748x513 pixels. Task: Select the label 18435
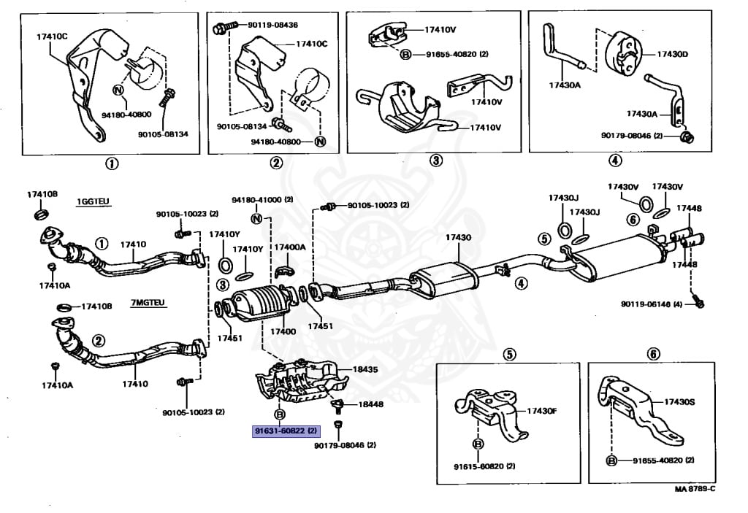click(366, 370)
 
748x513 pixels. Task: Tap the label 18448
click(370, 404)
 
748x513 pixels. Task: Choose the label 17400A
click(290, 247)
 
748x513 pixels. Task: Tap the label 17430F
click(542, 411)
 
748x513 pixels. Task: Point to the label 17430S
click(680, 402)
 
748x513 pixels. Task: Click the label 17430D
click(672, 53)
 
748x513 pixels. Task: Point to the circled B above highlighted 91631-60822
click(278, 414)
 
